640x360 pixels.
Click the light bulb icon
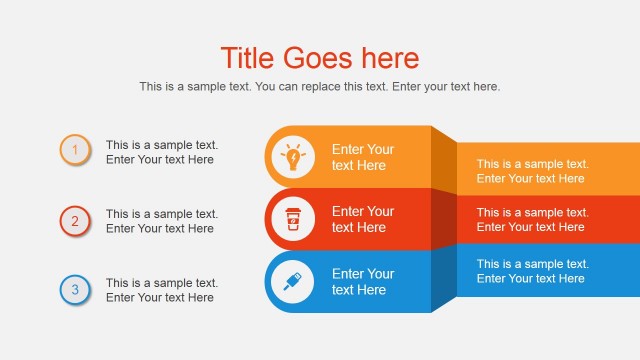tap(293, 157)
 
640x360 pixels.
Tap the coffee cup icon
tap(293, 219)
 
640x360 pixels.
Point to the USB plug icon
tap(293, 281)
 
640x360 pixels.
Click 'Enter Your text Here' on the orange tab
tap(363, 157)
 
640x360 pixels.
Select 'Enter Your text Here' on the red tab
tap(363, 219)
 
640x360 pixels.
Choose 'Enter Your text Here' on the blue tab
tap(363, 281)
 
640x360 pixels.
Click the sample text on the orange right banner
tap(532, 171)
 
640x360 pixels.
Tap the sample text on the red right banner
tap(532, 219)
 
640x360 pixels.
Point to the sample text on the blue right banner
tap(532, 271)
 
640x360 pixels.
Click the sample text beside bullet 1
tap(161, 152)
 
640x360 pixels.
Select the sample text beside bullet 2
tap(161, 221)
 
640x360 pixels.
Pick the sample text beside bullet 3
tap(161, 290)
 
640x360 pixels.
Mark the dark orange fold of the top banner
tap(444, 160)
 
